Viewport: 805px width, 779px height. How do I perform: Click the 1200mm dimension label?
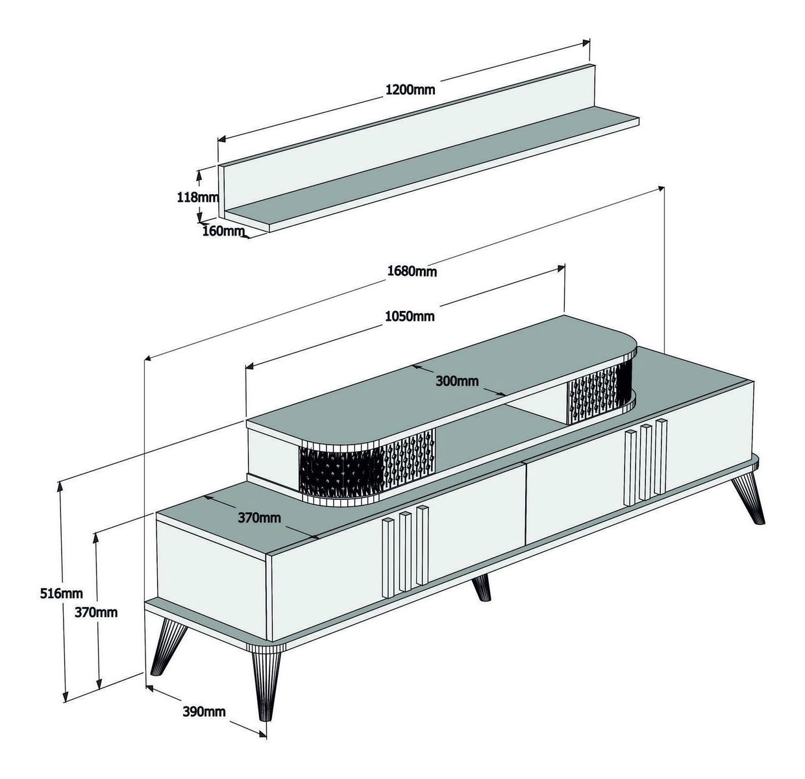point(410,90)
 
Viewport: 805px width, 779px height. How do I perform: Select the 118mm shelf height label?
point(198,197)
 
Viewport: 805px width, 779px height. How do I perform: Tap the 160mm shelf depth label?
point(223,231)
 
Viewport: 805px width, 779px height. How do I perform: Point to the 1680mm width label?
point(412,271)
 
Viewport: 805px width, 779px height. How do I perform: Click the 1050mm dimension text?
point(410,317)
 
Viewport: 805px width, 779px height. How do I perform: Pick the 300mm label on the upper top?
point(456,381)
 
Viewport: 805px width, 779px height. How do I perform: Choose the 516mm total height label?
point(61,593)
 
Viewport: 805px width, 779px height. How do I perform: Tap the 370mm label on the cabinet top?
point(260,517)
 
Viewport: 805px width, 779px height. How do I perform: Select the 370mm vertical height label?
point(96,612)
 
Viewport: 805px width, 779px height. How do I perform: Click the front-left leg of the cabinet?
point(168,649)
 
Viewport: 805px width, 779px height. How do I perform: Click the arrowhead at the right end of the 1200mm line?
point(586,43)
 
